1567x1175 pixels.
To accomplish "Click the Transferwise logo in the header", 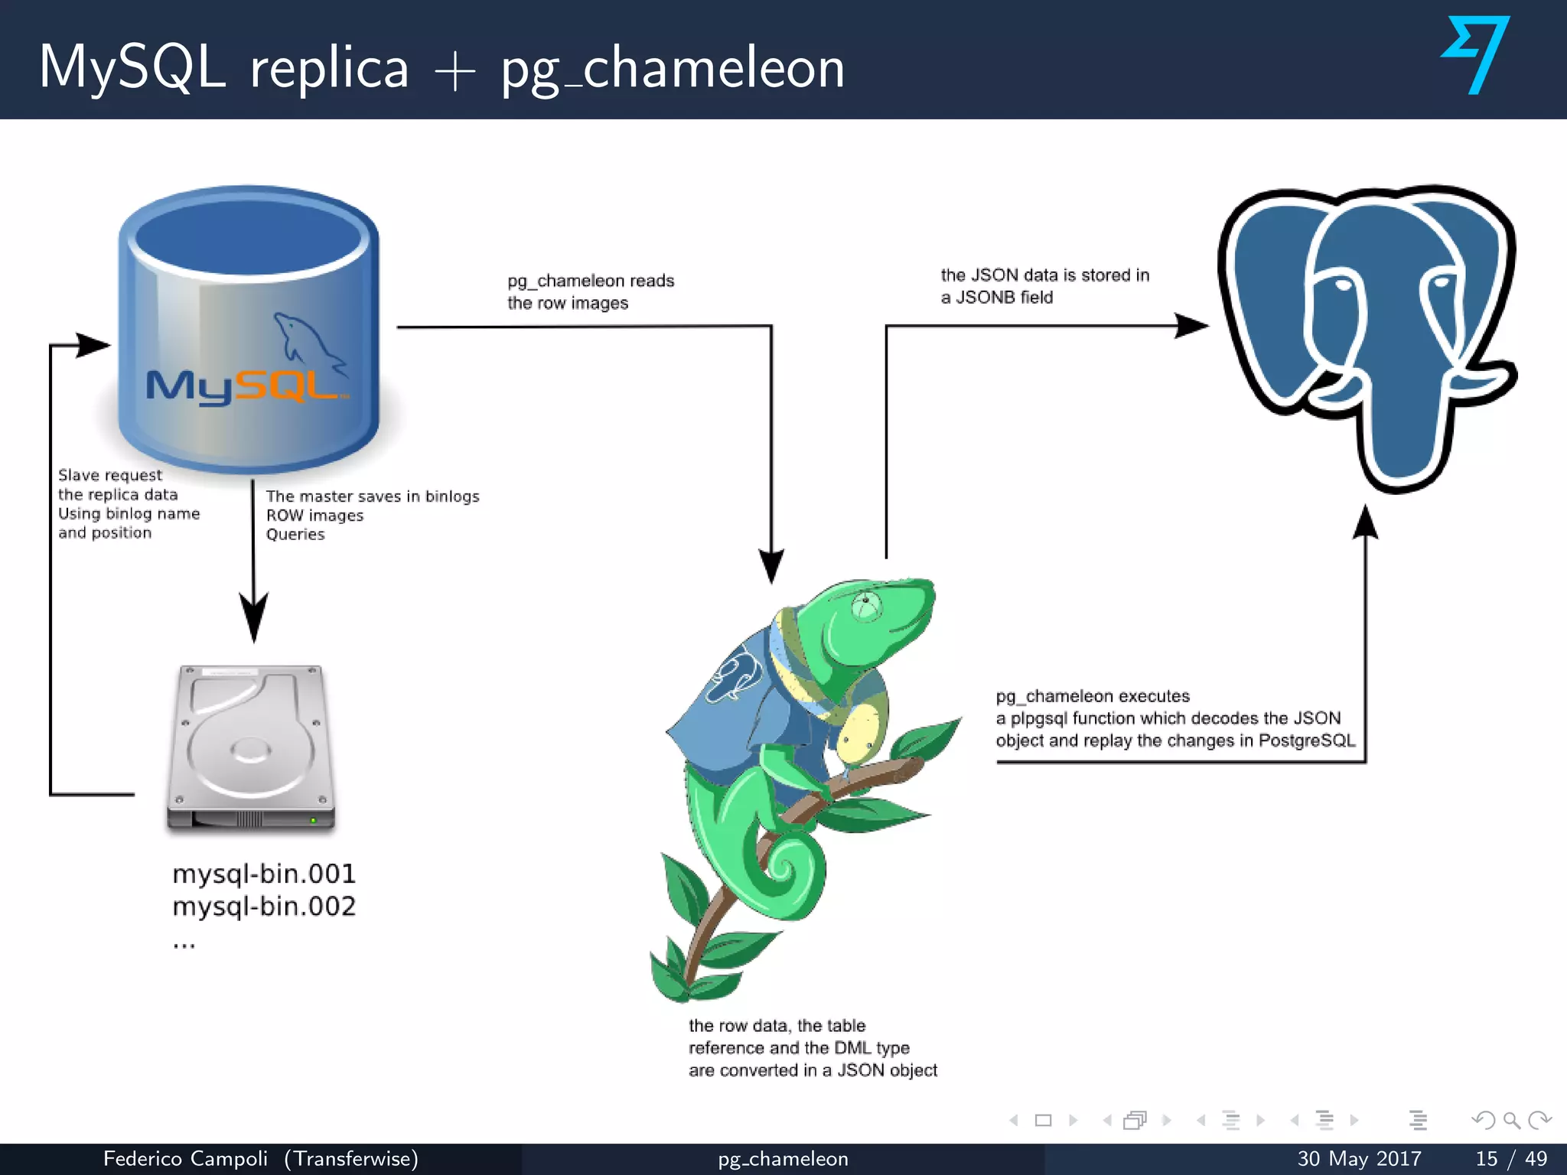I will click(x=1476, y=55).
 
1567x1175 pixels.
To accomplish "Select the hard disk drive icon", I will click(x=251, y=748).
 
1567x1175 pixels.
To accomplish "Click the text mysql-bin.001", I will click(x=264, y=874).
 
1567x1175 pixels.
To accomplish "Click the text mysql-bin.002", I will click(x=264, y=906).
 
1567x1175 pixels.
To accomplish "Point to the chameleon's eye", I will click(x=866, y=604).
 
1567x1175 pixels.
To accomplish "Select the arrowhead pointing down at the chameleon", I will click(x=771, y=566).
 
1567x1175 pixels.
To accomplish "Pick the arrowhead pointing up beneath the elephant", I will click(x=1366, y=524).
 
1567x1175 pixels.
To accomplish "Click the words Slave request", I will click(x=110, y=475).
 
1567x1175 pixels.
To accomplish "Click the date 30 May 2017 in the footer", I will click(x=1359, y=1158).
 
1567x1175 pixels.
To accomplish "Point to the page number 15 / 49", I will click(x=1511, y=1158).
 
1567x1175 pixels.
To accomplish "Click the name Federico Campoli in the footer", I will click(x=186, y=1158).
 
